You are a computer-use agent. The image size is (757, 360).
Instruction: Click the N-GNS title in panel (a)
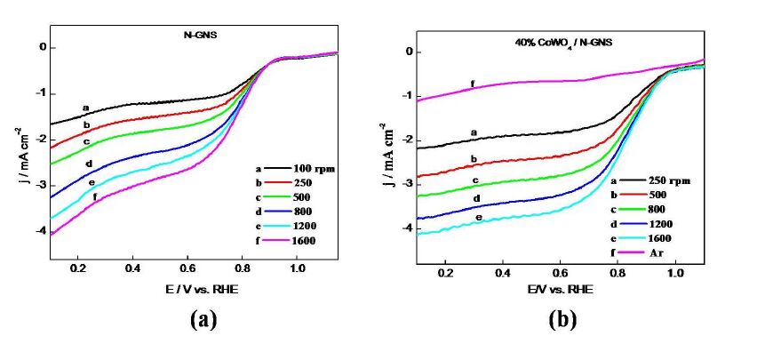click(x=187, y=36)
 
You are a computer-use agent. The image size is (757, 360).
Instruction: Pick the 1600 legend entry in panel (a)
click(x=292, y=241)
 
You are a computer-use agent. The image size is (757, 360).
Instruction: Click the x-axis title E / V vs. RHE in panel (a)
click(x=187, y=290)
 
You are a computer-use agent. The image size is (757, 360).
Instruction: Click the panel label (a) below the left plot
click(x=203, y=320)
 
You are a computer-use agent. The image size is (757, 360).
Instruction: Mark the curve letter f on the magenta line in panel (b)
click(x=472, y=84)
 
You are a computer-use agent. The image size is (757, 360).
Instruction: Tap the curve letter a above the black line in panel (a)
click(x=86, y=108)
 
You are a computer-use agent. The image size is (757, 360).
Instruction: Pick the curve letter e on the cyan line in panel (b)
click(x=479, y=217)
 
